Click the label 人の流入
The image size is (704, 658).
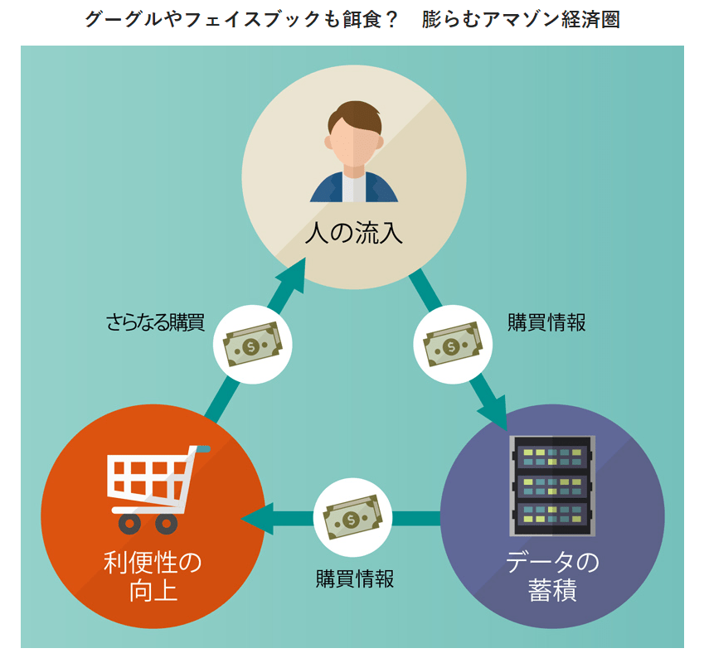pyautogui.click(x=353, y=234)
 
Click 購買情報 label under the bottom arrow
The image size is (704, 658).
pyautogui.click(x=355, y=578)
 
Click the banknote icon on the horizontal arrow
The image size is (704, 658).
pyautogui.click(x=352, y=519)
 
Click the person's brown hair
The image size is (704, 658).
pyautogui.click(x=355, y=118)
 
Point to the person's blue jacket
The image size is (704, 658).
pyautogui.click(x=328, y=189)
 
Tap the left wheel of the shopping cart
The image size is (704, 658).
pyautogui.click(x=129, y=524)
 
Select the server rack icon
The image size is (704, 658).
pyautogui.click(x=552, y=485)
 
